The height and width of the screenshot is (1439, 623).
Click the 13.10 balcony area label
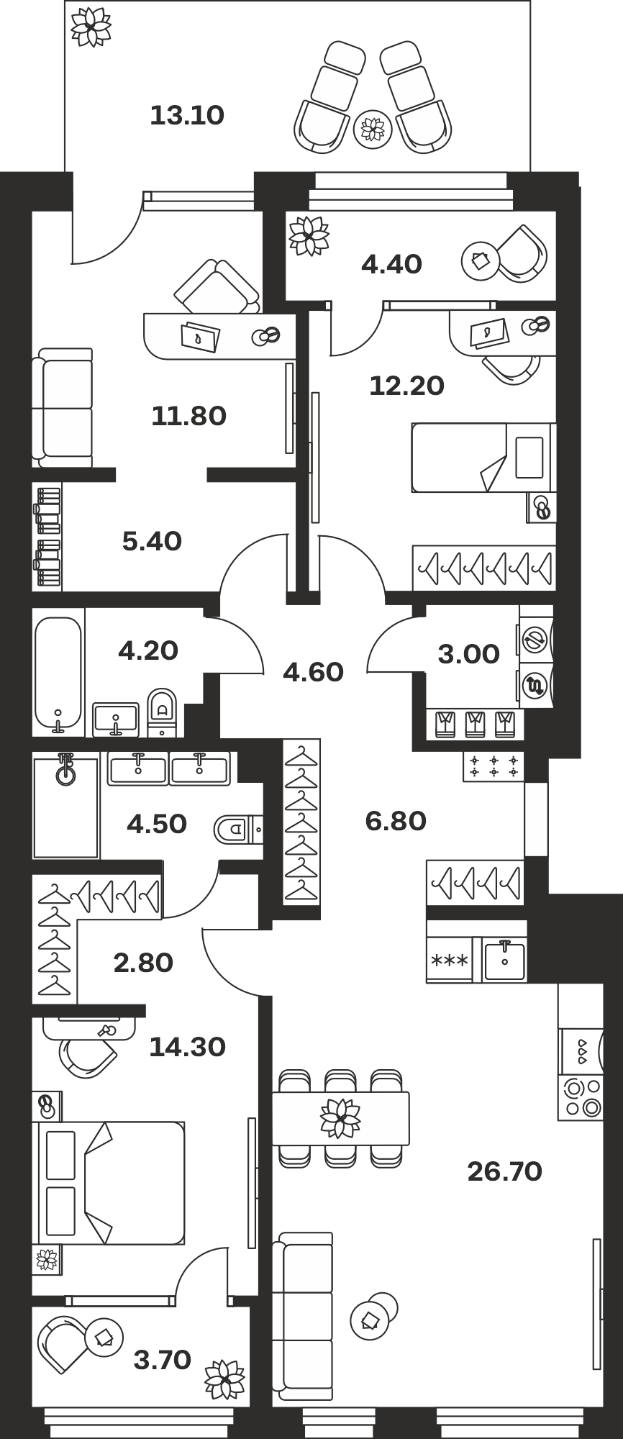187,115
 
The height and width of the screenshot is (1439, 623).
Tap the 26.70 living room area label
504,1171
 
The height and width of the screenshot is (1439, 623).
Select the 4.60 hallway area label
313,672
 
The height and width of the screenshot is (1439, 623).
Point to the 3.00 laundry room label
468,654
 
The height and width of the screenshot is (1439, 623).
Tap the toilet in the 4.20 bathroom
162,712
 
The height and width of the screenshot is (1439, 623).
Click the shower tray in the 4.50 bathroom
65,805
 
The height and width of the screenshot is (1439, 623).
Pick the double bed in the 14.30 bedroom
109,1182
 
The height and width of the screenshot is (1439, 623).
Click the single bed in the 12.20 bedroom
483,458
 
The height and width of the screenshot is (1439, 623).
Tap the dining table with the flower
340,1118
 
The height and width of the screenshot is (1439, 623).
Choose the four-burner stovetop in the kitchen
581,1097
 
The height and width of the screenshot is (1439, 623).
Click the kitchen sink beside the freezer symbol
504,960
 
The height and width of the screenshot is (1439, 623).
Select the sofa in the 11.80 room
63,408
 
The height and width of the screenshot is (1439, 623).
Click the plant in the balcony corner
91,29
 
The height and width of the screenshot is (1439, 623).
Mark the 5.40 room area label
152,541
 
